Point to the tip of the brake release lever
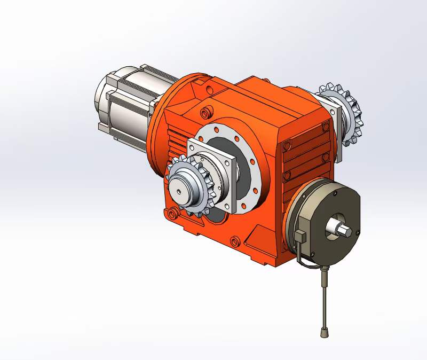[x=324, y=333]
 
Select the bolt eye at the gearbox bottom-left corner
[x=171, y=214]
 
